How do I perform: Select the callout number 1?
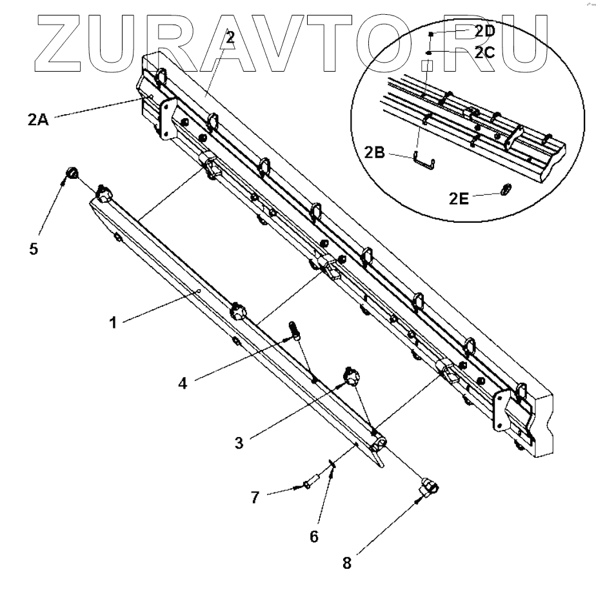coord(114,322)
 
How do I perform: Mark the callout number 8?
coord(346,562)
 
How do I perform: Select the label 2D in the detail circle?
coord(484,30)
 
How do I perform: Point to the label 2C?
coord(484,54)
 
